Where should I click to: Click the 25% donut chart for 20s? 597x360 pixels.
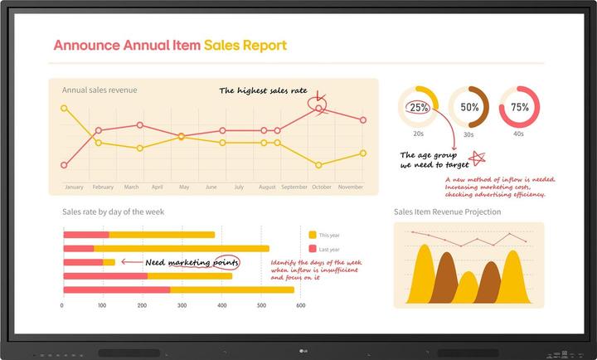[x=420, y=107]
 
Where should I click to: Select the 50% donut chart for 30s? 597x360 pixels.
[x=469, y=107]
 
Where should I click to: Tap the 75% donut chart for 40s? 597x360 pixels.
[x=519, y=107]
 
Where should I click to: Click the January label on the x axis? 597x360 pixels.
[x=74, y=187]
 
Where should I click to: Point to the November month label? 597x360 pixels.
[x=351, y=187]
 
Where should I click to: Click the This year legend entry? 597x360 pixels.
[x=328, y=235]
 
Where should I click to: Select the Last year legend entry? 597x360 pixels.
[x=328, y=249]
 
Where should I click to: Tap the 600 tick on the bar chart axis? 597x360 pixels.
[x=301, y=306]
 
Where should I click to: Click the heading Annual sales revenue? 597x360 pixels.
[x=99, y=90]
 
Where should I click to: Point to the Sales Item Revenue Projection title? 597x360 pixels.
[x=447, y=212]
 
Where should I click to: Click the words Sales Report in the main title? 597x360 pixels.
[x=245, y=45]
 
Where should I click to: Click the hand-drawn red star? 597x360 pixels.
[x=477, y=158]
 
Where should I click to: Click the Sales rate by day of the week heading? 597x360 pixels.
[x=113, y=212]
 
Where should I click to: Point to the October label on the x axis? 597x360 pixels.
[x=322, y=187]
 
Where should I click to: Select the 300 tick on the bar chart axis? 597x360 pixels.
[x=182, y=306]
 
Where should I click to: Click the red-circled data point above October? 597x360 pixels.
[x=320, y=108]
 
